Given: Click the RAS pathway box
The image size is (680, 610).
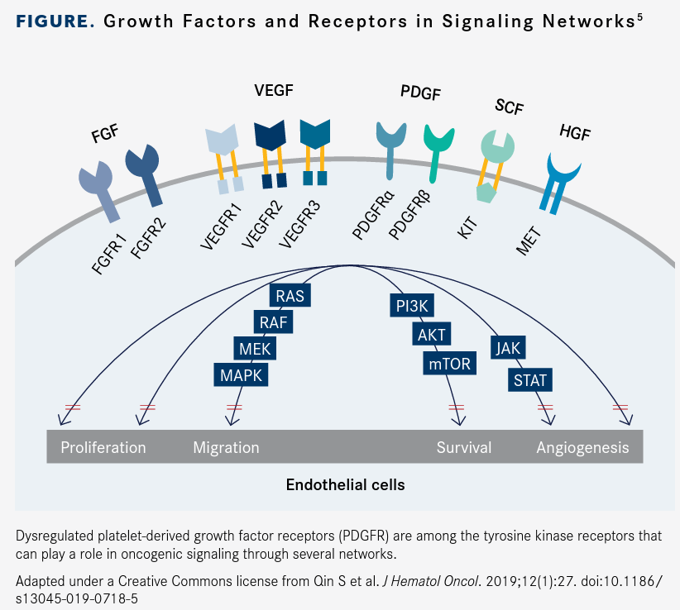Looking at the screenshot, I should [290, 295].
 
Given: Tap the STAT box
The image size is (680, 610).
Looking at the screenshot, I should [529, 380].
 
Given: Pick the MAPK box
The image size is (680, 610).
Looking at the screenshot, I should [241, 374].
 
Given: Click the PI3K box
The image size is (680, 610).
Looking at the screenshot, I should [411, 305].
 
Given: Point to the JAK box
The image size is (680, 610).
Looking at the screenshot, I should [508, 348].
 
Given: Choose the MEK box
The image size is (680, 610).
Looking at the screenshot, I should [255, 348].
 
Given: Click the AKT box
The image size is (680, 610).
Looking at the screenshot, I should [431, 334].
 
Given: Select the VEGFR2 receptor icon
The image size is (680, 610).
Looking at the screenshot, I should [270, 153].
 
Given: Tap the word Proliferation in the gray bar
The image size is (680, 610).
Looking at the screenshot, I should [103, 448].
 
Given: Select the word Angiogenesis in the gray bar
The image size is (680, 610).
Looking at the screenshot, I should [582, 448].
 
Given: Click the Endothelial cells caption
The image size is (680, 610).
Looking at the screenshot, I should [345, 484].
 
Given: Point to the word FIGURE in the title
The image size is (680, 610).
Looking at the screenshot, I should [54, 21].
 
